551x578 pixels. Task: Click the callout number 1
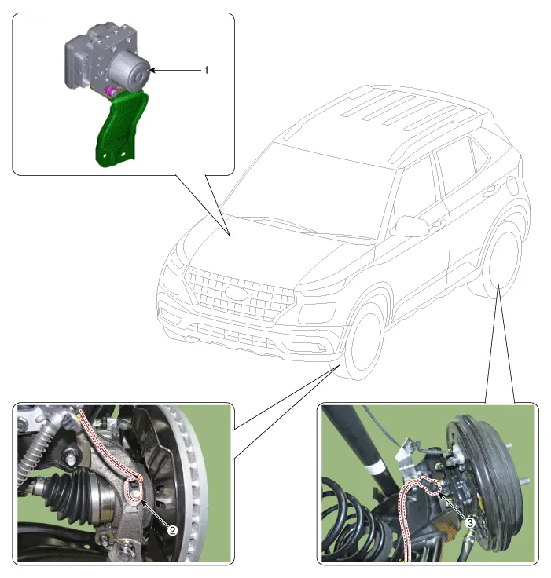pos(206,70)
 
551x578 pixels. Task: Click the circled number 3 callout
pos(470,521)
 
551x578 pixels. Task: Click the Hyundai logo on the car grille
pos(235,292)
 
